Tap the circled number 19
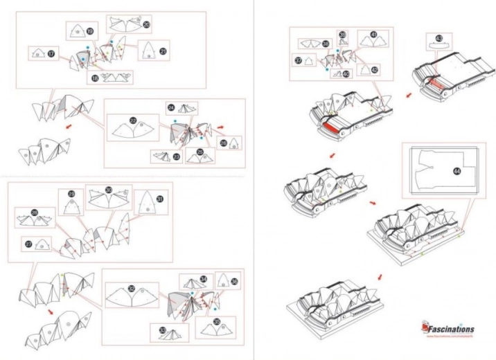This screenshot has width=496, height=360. [x=91, y=30]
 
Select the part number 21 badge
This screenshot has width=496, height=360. [x=163, y=50]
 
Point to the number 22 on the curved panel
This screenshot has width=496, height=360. [x=132, y=120]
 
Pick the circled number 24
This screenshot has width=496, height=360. [x=171, y=107]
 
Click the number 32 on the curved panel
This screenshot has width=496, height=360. [x=132, y=288]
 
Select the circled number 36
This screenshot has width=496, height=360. [x=234, y=282]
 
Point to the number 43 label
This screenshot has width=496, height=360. [x=439, y=37]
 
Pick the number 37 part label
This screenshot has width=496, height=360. [x=298, y=60]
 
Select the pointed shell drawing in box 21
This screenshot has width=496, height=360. [x=150, y=49]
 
